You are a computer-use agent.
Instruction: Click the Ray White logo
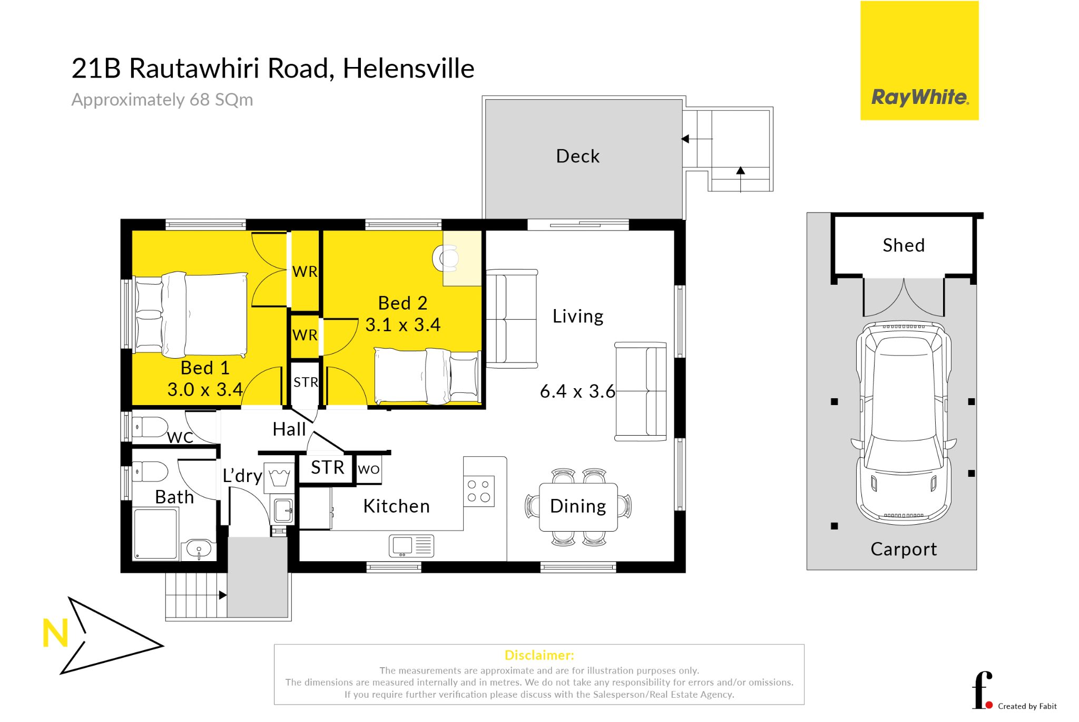click(919, 61)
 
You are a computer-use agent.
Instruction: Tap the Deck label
click(577, 156)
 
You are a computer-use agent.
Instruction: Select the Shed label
click(904, 245)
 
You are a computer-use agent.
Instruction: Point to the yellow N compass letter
click(55, 633)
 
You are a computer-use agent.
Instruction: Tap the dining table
click(578, 507)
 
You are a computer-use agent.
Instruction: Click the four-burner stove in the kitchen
click(479, 491)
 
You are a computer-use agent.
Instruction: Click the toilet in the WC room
click(150, 427)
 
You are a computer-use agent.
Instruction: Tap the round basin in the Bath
click(199, 549)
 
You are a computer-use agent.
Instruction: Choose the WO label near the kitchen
click(369, 469)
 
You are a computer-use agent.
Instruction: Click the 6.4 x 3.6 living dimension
click(577, 391)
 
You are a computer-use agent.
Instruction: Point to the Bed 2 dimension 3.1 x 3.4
click(403, 325)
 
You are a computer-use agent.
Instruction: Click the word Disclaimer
click(539, 656)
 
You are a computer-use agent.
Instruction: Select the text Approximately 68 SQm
click(162, 100)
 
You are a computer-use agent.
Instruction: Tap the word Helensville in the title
click(409, 69)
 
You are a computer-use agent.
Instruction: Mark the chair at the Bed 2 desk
click(446, 258)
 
